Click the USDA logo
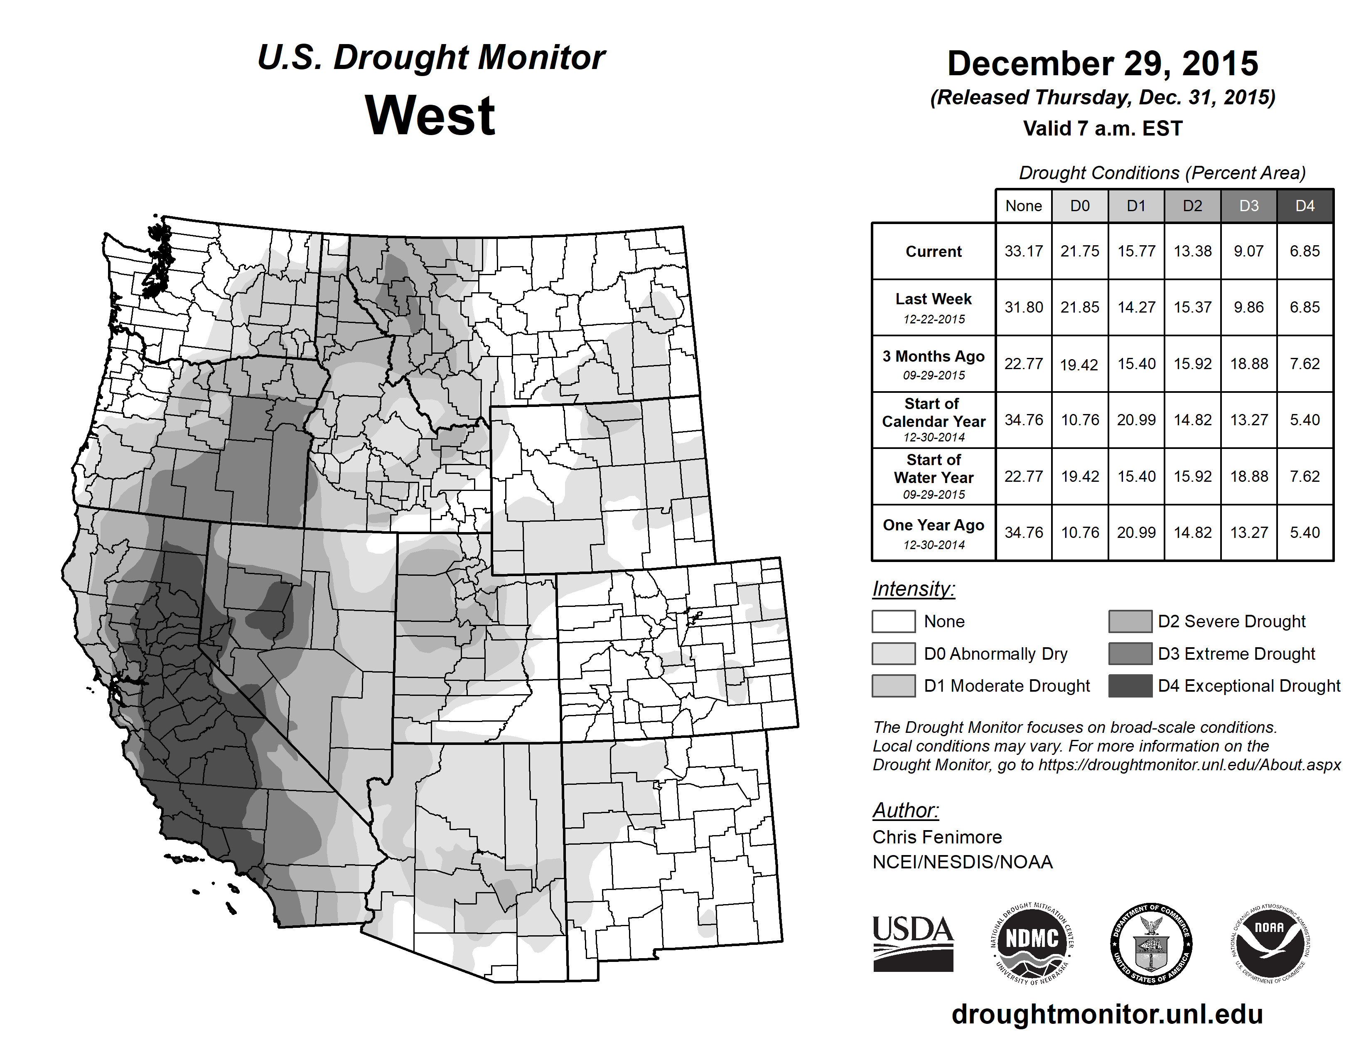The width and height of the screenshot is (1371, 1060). (913, 943)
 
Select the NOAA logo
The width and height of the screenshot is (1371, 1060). (1269, 943)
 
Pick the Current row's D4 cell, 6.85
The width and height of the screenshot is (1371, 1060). (1305, 251)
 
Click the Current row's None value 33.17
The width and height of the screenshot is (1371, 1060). (1023, 251)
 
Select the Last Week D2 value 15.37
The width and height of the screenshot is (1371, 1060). (1192, 307)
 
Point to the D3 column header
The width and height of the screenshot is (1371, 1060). (1248, 206)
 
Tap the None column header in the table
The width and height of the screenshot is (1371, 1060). (1023, 206)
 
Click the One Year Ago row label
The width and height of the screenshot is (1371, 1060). (934, 532)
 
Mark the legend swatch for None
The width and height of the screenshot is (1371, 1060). (893, 621)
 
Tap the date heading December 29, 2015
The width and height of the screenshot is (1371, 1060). (1102, 64)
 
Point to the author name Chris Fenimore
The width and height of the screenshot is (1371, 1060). (936, 837)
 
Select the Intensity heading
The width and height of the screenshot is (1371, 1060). (913, 589)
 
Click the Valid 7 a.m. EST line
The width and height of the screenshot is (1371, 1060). (1102, 129)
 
